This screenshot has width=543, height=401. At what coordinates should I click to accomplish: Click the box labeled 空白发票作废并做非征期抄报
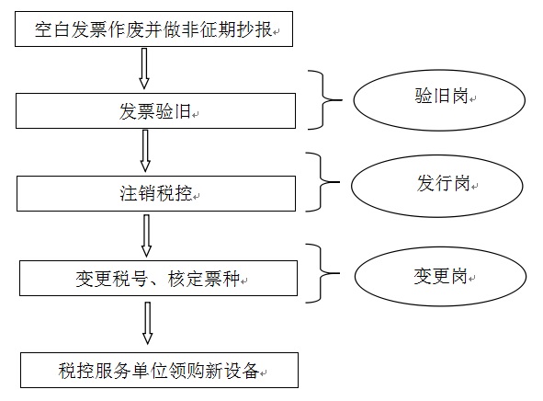pyautogui.click(x=153, y=29)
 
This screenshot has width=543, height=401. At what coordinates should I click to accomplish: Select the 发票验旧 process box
pyautogui.click(x=155, y=110)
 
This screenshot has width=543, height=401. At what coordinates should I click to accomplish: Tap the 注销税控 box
pyautogui.click(x=156, y=193)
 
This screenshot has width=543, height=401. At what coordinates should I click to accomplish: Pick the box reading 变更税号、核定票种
pyautogui.click(x=158, y=278)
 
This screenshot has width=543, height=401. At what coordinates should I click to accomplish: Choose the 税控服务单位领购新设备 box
pyautogui.click(x=159, y=370)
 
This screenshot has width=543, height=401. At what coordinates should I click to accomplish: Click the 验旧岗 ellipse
pyautogui.click(x=439, y=100)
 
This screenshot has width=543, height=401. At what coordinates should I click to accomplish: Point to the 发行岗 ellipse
pyautogui.click(x=437, y=186)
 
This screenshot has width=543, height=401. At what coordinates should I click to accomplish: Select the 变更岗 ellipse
pyautogui.click(x=440, y=276)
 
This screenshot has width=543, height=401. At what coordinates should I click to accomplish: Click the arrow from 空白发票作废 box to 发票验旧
pyautogui.click(x=144, y=69)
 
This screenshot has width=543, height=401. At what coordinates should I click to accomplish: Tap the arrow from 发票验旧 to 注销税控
pyautogui.click(x=145, y=151)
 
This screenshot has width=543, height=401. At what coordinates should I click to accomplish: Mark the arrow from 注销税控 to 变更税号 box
pyautogui.click(x=146, y=235)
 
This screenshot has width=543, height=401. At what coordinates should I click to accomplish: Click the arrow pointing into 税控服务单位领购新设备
pyautogui.click(x=148, y=323)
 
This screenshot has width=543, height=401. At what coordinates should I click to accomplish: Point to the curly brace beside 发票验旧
pyautogui.click(x=323, y=100)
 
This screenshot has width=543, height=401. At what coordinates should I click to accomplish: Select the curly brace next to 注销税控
pyautogui.click(x=321, y=182)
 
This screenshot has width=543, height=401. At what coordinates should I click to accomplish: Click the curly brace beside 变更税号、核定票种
pyautogui.click(x=321, y=273)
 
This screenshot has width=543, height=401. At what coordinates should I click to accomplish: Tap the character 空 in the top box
pyautogui.click(x=43, y=29)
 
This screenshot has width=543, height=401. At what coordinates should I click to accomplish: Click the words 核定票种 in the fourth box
pyautogui.click(x=204, y=279)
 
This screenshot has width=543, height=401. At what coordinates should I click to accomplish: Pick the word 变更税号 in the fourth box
pyautogui.click(x=111, y=279)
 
